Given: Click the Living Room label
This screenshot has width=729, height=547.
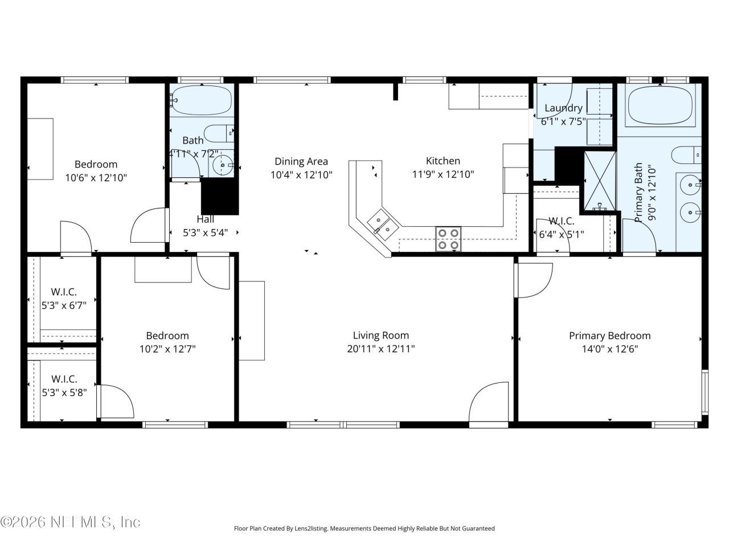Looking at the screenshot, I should tap(380, 336).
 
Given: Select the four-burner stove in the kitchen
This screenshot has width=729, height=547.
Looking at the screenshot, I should tap(448, 239).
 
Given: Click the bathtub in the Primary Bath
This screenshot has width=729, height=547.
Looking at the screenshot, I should tap(660, 105).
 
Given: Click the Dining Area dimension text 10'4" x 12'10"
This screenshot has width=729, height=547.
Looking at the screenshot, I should tap(301, 175).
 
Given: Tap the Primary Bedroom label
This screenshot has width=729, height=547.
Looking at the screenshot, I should tap(609, 336).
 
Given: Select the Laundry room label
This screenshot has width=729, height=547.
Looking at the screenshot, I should tap(563, 108).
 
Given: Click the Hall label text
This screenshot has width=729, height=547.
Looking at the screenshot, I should tap(206, 219).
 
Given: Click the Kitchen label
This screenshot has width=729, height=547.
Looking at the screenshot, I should tap(443, 161).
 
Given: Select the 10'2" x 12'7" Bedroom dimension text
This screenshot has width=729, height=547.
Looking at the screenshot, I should tap(167, 349).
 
